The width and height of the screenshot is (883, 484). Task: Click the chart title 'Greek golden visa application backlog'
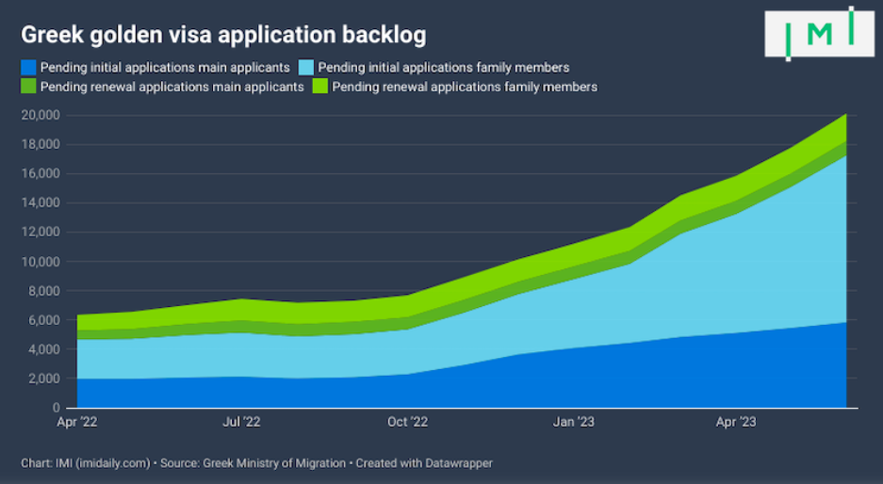222,35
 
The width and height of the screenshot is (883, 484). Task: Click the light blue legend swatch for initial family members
306,68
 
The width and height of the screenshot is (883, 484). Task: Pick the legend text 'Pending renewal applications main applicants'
172,87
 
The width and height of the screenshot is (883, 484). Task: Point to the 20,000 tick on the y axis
40,116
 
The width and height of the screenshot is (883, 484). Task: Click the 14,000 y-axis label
40,203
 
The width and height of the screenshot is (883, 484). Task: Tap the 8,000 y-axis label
43,291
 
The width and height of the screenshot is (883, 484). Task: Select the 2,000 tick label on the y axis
43,379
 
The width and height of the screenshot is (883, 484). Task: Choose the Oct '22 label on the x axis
408,423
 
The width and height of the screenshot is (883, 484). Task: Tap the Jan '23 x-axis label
573,423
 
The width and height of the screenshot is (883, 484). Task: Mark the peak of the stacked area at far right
845,116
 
